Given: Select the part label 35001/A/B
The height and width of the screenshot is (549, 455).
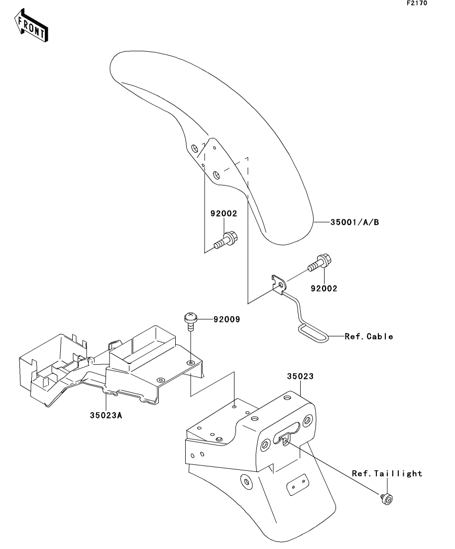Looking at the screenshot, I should point(354,222).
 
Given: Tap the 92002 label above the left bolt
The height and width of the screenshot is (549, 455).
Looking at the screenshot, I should point(223,215).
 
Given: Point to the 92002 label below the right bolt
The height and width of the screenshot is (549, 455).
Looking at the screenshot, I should point(323,288).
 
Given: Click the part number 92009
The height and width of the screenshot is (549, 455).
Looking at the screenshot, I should point(227,320).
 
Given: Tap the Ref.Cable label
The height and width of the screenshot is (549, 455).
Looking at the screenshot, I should point(369,336).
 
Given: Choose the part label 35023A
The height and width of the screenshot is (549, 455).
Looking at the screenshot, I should point(107,415).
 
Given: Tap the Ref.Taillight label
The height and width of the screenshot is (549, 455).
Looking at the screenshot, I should point(387,473).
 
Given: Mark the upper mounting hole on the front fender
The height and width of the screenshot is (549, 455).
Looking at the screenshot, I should point(194,147).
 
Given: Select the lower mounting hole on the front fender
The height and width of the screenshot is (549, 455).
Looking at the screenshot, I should point(216,175).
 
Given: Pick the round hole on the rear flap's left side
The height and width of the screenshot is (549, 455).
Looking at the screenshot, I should point(245,482).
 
